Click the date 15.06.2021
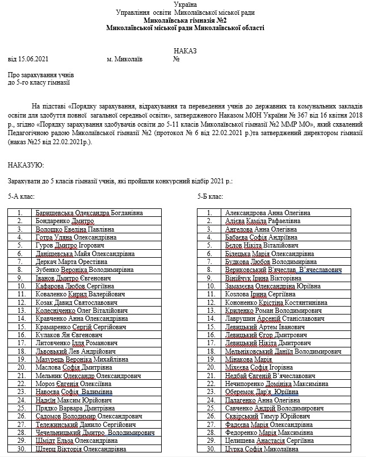[x=33, y=58]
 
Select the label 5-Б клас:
[x=210, y=196]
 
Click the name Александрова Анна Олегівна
[x=268, y=213]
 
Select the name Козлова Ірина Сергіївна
[x=260, y=295]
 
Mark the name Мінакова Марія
[x=248, y=360]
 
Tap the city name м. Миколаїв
[x=124, y=58]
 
